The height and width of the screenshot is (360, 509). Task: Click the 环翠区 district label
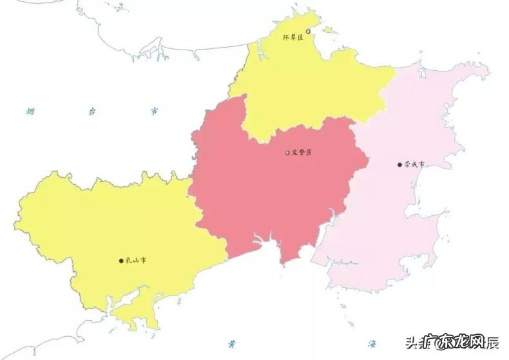[293, 38]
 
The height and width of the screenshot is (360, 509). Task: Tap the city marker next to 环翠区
[308, 31]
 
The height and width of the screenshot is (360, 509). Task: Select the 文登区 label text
[302, 153]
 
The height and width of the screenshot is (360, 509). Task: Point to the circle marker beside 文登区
[287, 153]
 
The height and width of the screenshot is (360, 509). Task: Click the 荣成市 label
[415, 164]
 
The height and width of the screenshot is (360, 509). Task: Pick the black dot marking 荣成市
[400, 164]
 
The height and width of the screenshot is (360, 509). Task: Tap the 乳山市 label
[136, 261]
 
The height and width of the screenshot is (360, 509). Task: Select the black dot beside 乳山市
[121, 261]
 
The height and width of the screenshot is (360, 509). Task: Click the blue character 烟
[30, 111]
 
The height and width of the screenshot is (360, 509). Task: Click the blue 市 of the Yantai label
[154, 111]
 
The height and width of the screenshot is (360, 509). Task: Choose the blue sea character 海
[372, 343]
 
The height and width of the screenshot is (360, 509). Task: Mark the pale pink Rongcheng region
[412, 213]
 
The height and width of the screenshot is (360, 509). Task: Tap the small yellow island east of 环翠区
[329, 30]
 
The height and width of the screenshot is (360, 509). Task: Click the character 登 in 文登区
[302, 153]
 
